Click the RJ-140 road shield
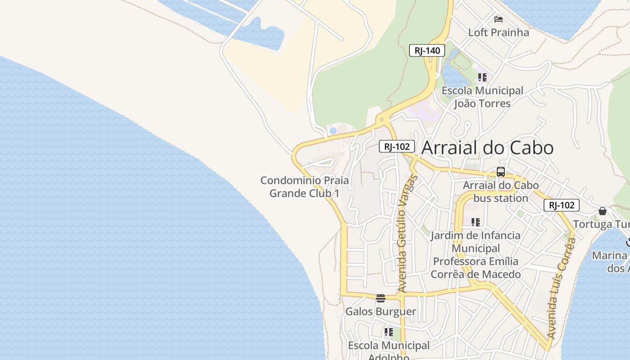(x=427, y=50)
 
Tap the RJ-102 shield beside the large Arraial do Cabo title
(x=396, y=146)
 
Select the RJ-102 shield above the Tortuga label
(x=561, y=205)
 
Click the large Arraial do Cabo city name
(x=487, y=148)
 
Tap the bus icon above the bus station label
(x=501, y=171)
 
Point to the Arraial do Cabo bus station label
(x=500, y=192)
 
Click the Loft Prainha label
(x=499, y=32)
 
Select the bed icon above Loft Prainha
(x=499, y=19)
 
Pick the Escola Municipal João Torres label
(x=482, y=97)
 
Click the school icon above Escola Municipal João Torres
(x=482, y=77)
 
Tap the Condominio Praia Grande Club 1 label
(x=305, y=187)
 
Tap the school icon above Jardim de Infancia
(x=476, y=222)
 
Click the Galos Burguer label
(x=381, y=311)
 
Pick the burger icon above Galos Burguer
(x=381, y=298)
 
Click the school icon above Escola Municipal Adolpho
(x=389, y=333)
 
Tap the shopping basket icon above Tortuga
(x=603, y=211)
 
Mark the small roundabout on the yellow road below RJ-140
(x=382, y=120)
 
